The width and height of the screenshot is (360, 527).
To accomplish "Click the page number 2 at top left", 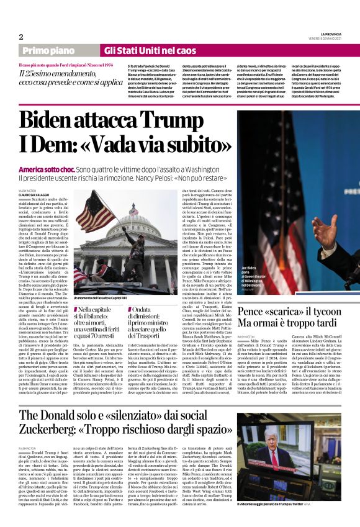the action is (x=21, y=36).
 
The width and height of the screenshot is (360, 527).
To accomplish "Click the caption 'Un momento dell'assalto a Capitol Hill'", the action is (x=109, y=299).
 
